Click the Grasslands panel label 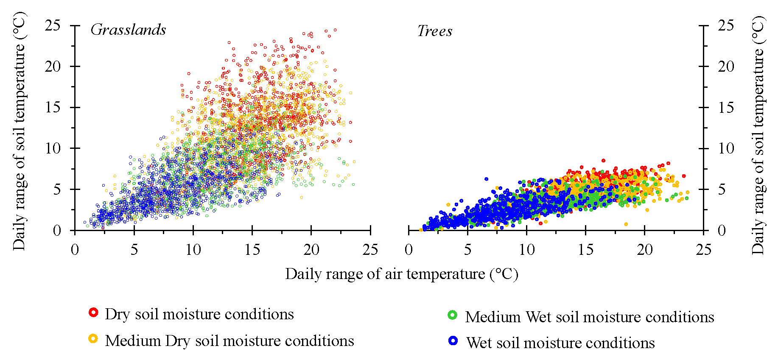(128, 30)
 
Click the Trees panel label (435, 31)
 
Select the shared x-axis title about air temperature (402, 274)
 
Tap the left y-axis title (19, 131)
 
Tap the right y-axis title (758, 135)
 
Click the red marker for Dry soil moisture (93, 313)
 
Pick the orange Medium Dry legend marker (93, 338)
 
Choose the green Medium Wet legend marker (452, 315)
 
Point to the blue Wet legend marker (453, 340)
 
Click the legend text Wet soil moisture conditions (560, 343)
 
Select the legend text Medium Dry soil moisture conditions (229, 340)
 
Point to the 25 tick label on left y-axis (53, 25)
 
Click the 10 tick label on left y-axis (53, 148)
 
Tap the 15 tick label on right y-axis (726, 107)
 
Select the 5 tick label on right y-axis (722, 190)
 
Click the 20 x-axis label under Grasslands (311, 250)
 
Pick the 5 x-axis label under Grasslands (134, 250)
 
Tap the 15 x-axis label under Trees (585, 250)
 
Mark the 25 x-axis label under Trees (703, 250)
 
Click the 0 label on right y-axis (722, 231)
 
